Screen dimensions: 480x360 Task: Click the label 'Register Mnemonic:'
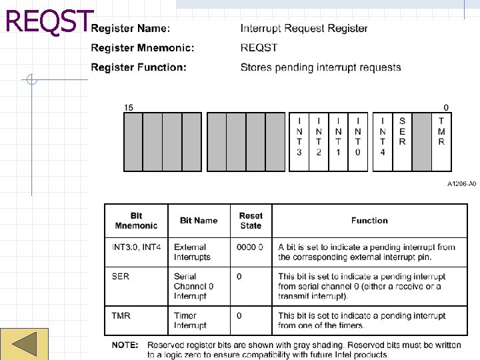(143, 48)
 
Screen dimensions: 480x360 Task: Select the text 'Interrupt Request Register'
(304, 28)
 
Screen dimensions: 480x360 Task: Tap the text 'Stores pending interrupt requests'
(321, 67)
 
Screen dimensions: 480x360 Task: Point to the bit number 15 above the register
(129, 107)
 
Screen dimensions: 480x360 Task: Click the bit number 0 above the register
(446, 107)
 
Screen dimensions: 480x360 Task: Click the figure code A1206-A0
(461, 183)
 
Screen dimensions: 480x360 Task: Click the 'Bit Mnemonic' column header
(136, 221)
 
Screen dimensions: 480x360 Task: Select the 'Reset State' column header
(251, 221)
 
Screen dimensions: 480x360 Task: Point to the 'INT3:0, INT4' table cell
(136, 247)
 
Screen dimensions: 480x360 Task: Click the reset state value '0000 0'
(250, 247)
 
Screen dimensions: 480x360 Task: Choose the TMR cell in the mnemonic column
(121, 315)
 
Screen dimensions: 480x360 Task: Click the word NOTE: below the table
(125, 345)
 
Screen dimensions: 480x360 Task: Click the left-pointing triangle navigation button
(24, 344)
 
